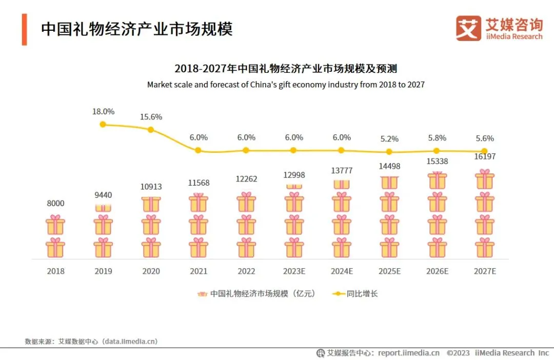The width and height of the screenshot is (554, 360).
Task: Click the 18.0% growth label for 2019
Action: point(103,111)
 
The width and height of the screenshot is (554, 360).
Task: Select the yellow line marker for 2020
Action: point(151,130)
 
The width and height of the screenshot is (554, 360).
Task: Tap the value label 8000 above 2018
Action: point(55,204)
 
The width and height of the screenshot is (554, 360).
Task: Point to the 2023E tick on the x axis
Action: point(294,271)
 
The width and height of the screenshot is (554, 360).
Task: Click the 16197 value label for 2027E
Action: point(485,157)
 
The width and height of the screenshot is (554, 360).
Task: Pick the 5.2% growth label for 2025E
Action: point(389,139)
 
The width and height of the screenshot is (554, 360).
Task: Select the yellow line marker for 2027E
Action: point(484,151)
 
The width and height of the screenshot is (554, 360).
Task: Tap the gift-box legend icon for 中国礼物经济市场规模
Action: point(202,294)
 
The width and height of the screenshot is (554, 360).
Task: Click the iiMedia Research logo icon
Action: point(468,28)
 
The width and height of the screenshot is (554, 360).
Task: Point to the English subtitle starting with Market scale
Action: point(286,85)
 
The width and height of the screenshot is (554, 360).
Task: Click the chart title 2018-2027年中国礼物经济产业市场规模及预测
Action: point(286,69)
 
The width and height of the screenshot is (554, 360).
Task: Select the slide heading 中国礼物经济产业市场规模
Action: point(137,29)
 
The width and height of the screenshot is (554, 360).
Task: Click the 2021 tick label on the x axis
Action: point(199,271)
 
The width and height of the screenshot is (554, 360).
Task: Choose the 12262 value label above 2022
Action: point(247,179)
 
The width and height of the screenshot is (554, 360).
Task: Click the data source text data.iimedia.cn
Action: point(130,341)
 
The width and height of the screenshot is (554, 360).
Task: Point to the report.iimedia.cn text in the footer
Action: point(408,353)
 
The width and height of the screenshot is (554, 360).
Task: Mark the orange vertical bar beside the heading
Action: point(24,29)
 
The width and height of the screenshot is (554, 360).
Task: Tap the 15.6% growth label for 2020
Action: point(151,117)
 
